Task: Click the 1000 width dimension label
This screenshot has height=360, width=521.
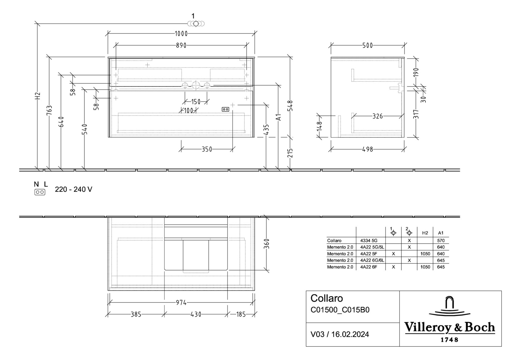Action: (181, 33)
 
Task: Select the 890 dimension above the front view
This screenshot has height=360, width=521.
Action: (181, 45)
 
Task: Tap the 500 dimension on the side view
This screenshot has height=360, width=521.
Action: (367, 45)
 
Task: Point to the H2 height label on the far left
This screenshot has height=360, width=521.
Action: (38, 96)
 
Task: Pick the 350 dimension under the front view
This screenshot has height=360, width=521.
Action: (207, 149)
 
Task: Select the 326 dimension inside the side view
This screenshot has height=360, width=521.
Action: (377, 116)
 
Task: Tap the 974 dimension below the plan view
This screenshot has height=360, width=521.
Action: (181, 303)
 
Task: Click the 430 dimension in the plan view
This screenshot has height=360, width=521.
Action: (196, 314)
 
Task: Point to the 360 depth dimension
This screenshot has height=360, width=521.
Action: (267, 244)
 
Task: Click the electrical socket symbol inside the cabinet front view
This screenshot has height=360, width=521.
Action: (225, 109)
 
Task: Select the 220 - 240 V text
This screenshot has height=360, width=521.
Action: (73, 189)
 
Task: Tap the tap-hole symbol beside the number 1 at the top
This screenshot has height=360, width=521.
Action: (196, 24)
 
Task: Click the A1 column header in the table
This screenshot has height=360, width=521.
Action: (441, 233)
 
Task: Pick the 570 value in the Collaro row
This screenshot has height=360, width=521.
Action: (441, 241)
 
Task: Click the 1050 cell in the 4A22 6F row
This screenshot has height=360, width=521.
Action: (425, 267)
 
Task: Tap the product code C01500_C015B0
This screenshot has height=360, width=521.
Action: (340, 310)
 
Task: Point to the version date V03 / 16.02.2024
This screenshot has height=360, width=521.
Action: (339, 334)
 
